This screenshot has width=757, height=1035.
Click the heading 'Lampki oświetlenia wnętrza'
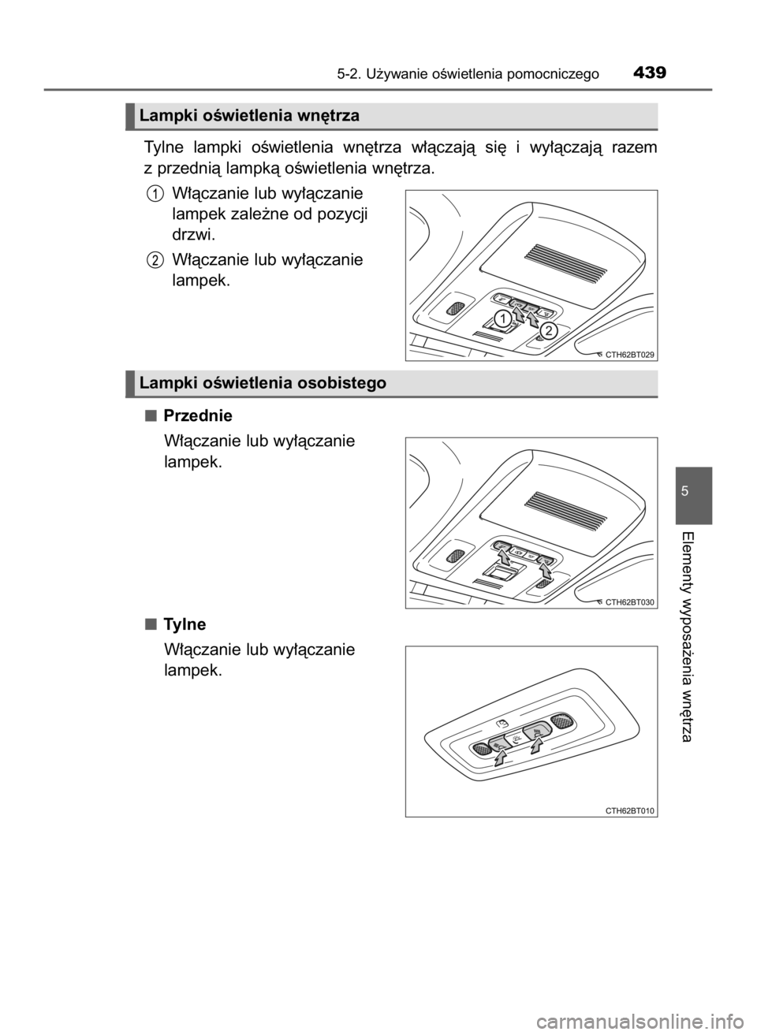[x=249, y=116]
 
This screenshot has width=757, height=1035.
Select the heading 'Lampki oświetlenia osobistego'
[x=263, y=383]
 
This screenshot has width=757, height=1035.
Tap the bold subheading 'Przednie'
[x=198, y=416]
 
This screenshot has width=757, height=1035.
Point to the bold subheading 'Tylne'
[x=185, y=624]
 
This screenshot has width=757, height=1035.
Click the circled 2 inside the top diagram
[x=548, y=330]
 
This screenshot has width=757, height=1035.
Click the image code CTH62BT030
[x=629, y=601]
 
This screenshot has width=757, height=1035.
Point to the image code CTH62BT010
[x=629, y=810]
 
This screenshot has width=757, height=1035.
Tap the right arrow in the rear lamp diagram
[x=535, y=743]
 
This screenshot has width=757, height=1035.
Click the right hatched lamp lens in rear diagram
[x=561, y=720]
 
